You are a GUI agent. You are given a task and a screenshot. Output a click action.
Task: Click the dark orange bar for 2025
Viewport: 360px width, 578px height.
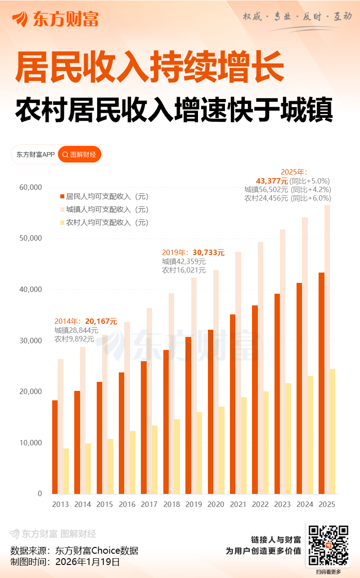point(321,382)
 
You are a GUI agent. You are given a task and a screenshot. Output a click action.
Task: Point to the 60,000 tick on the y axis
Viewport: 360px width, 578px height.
point(31,187)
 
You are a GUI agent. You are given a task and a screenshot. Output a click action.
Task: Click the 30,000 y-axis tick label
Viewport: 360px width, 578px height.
point(31,341)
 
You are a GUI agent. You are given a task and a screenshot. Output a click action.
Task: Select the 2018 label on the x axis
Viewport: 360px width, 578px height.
point(171,504)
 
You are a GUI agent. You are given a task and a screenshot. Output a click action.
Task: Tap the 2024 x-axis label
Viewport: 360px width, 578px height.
point(305,504)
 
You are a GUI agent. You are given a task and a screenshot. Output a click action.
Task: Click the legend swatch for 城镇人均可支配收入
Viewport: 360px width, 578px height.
point(63,210)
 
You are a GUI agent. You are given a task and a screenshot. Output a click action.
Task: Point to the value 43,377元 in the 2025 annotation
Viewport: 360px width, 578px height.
point(272,181)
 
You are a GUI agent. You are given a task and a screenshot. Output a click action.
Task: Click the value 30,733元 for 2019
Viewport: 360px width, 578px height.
point(208,253)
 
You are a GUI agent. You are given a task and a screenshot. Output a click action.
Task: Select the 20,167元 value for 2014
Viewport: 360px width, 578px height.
point(101,321)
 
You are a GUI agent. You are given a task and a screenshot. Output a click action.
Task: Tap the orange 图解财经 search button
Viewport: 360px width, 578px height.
point(80,154)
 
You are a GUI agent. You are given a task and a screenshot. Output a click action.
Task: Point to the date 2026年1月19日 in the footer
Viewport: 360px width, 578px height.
point(87,562)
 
